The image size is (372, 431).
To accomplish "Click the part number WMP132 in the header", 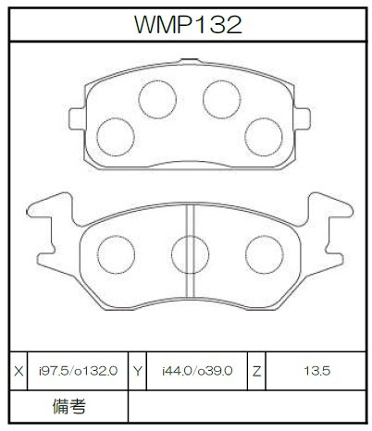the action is [x=188, y=25].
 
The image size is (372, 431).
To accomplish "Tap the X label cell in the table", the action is [x=19, y=371].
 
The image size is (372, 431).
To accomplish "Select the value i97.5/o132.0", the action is [x=78, y=371].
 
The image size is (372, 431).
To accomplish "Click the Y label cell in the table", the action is [x=138, y=371].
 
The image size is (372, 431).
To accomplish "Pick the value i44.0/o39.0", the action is [x=197, y=371].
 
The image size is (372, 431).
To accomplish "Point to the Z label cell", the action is [x=256, y=371].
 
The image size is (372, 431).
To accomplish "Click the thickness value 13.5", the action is [x=316, y=371].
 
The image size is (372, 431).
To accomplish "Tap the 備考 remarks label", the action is [x=69, y=406].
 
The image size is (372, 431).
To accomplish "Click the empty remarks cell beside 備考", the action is [x=247, y=407].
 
